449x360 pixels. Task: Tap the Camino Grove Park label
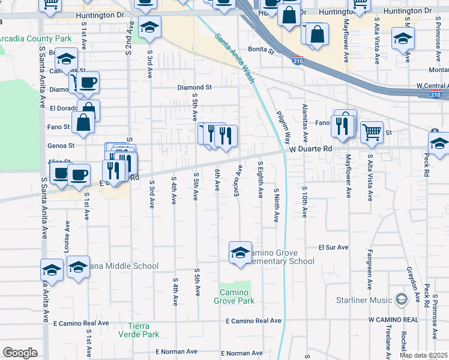click(x=234, y=296)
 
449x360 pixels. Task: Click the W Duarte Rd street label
click(x=310, y=149)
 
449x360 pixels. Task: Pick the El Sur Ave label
click(x=333, y=247)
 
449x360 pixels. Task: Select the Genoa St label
click(x=62, y=145)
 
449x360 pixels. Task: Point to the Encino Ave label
click(x=239, y=179)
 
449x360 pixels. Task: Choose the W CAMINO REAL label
click(x=393, y=320)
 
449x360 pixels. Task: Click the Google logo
click(x=20, y=353)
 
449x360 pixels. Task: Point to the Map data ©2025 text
click(x=423, y=355)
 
